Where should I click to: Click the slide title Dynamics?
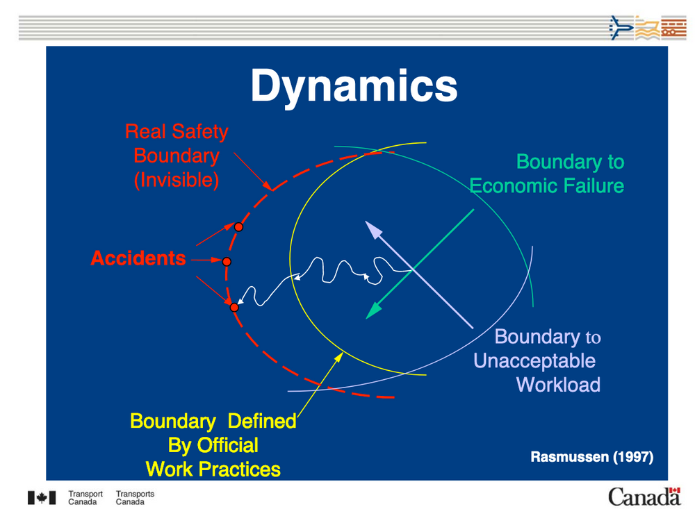tap(354, 87)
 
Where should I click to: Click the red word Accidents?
tap(138, 258)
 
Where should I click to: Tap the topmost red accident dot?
tap(238, 227)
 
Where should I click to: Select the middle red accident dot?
tap(227, 261)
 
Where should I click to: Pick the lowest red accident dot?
tap(234, 307)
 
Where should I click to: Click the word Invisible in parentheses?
tap(177, 180)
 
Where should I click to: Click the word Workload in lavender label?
tap(558, 384)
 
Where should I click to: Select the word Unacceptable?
tap(534, 360)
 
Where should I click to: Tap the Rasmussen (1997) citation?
tap(591, 457)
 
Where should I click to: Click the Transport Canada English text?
tap(85, 498)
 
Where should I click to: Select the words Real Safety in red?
tap(177, 131)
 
